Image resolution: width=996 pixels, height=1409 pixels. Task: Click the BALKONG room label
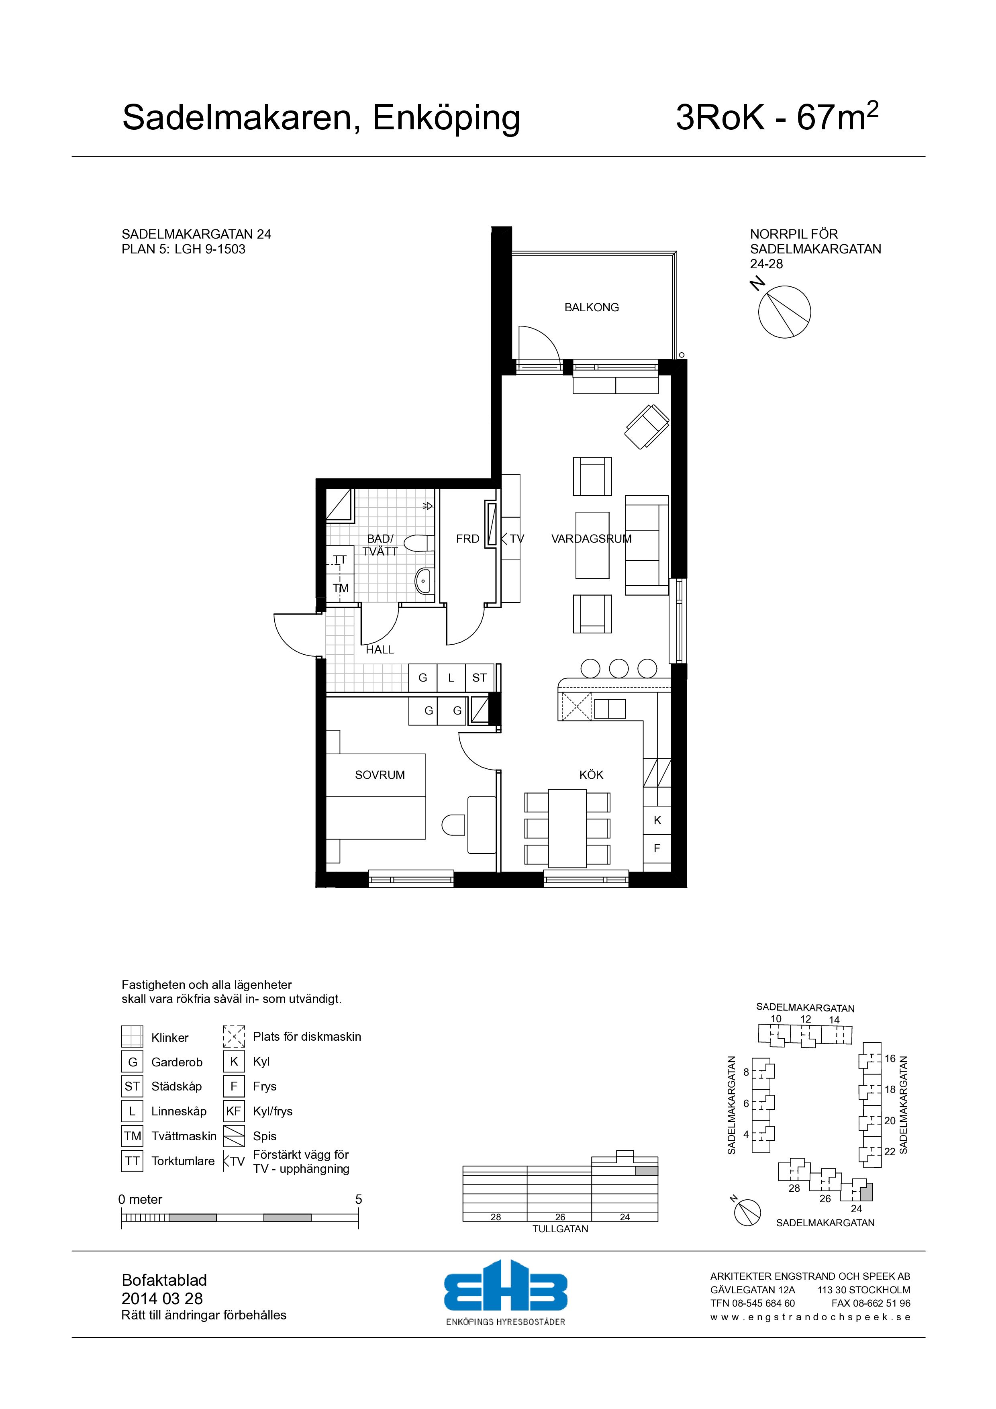592,307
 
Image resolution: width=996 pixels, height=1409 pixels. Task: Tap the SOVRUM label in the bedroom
380,775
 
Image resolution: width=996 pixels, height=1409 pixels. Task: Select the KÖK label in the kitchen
592,775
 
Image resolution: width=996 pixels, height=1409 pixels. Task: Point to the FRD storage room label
467,539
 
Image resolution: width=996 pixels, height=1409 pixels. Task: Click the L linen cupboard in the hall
451,678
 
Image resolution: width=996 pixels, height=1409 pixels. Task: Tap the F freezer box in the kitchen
657,849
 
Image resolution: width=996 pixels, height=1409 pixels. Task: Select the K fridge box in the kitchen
657,821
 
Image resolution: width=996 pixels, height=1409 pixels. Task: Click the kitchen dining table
567,828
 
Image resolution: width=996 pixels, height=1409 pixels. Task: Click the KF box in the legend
234,1111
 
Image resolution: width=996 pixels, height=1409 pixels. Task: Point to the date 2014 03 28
162,1299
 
